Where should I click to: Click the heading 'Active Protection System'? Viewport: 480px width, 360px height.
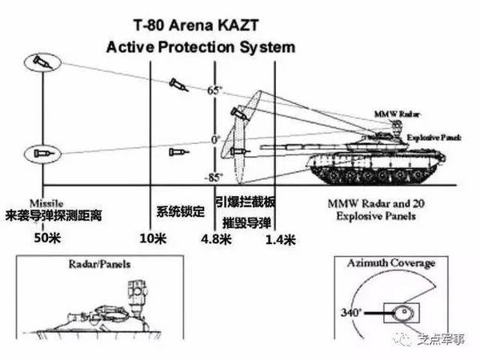point(200,46)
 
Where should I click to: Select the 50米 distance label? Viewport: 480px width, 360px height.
point(48,238)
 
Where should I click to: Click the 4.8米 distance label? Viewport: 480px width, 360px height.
point(217,238)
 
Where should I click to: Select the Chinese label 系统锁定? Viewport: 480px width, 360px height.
point(181,211)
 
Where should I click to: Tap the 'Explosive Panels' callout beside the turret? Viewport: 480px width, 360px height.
point(433,138)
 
